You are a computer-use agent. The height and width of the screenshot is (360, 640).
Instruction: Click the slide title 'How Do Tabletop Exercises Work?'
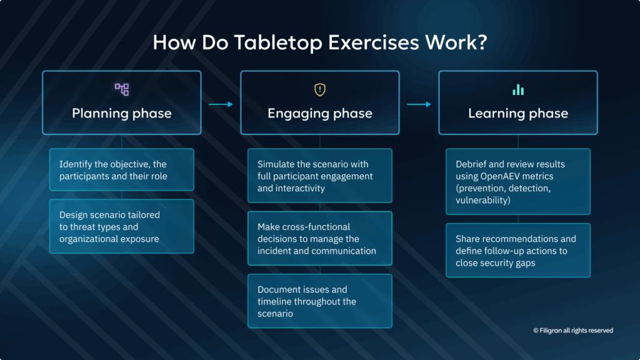pos(320,42)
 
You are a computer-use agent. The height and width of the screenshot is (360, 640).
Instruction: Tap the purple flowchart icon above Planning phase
pos(122,89)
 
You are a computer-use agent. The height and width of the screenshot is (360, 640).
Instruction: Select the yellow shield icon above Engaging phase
pos(320,89)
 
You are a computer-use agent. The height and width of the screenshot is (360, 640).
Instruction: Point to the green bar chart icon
pos(518,90)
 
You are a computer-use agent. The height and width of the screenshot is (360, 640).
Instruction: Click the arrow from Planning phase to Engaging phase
pos(221,104)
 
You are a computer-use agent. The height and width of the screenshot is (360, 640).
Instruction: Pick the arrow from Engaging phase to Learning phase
pos(419,104)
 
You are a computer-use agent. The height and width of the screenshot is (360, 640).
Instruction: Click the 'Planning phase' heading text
pos(122,113)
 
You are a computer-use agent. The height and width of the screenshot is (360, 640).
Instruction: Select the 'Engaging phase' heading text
pos(320,113)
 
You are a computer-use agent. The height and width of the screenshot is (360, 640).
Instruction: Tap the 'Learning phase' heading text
pos(518,113)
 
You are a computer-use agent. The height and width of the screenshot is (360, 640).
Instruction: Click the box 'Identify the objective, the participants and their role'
pos(122,170)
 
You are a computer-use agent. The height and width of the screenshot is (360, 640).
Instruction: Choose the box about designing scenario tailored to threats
pos(122,226)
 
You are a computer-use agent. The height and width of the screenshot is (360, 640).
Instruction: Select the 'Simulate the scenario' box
pos(320,176)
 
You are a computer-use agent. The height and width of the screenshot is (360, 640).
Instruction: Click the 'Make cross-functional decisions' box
pos(320,238)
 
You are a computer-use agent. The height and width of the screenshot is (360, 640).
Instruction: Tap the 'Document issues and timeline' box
pos(320,301)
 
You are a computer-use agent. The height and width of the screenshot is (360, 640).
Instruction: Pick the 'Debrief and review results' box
pos(518,182)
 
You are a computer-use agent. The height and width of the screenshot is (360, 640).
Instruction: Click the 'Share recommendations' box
pos(518,251)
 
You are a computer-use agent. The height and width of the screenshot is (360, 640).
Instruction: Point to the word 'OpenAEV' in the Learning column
pos(500,176)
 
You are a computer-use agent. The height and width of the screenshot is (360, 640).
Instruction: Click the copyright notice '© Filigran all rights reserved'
pos(573,331)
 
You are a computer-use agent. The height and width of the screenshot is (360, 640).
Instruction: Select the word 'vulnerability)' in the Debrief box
pos(483,201)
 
